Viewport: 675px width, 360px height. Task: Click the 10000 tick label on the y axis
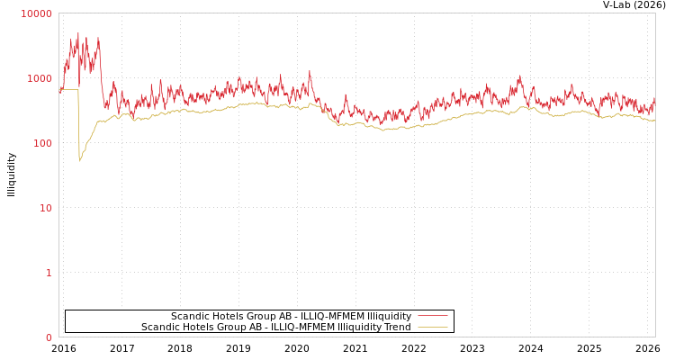pyautogui.click(x=37, y=13)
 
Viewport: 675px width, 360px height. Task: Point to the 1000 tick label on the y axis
pyautogui.click(x=40, y=78)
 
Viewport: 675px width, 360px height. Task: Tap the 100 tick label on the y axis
pyautogui.click(x=42, y=143)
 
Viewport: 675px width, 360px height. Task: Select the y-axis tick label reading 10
pyautogui.click(x=45, y=208)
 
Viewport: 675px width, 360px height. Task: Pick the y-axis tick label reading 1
pyautogui.click(x=49, y=273)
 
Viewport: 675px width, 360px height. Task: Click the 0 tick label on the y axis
pyautogui.click(x=49, y=337)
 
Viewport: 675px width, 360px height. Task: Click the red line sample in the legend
pyautogui.click(x=432, y=316)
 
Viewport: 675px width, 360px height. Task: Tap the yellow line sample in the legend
pyautogui.click(x=432, y=327)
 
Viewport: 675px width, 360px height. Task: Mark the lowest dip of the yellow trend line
pyautogui.click(x=79, y=160)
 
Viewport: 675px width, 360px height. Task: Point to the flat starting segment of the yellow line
pyautogui.click(x=68, y=90)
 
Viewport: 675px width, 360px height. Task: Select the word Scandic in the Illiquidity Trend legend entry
pyautogui.click(x=160, y=327)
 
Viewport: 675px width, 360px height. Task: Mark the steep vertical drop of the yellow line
pyautogui.click(x=78, y=126)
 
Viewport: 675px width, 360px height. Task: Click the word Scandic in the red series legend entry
pyautogui.click(x=190, y=316)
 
